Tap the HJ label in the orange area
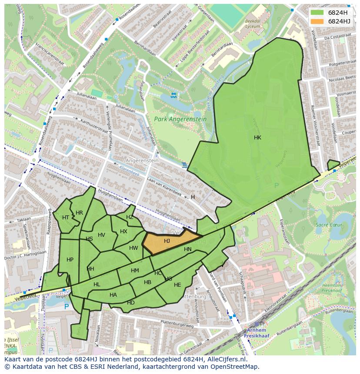[x=167, y=241]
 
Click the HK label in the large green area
[x=257, y=137]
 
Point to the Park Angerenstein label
[x=174, y=118]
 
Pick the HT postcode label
[x=66, y=217]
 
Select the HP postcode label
[x=70, y=259]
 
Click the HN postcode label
[x=188, y=249]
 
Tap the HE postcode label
[x=177, y=285]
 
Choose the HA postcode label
[x=113, y=295]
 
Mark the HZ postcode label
[x=130, y=217]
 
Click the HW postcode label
[x=133, y=248]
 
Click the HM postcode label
[x=135, y=271]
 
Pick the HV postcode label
[x=101, y=235]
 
